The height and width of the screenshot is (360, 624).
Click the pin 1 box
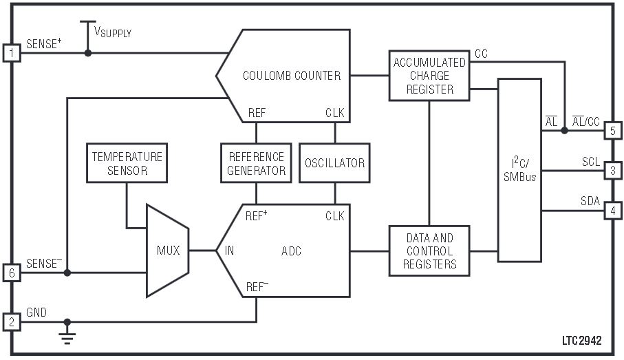(12, 52)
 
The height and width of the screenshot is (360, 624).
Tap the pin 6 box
(12, 273)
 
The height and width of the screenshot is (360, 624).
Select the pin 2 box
(12, 321)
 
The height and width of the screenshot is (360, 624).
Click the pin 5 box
(612, 129)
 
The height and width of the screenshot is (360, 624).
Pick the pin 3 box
(612, 169)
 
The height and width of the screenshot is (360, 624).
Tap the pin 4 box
(612, 210)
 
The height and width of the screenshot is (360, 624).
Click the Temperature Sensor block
(127, 163)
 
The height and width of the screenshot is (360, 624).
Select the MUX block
(168, 251)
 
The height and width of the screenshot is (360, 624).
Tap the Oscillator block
(334, 163)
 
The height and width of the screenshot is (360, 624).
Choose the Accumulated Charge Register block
(429, 75)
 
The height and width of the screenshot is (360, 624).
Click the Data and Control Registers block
(429, 251)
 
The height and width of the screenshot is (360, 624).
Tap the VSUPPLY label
(113, 32)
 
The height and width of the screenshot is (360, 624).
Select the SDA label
(590, 201)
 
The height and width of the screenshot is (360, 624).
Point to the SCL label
(590, 161)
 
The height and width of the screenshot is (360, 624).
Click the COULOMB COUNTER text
(292, 76)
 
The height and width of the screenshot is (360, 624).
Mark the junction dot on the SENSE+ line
(87, 52)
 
